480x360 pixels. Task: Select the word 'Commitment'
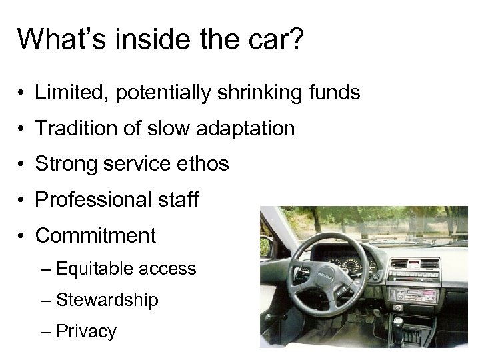coord(95,235)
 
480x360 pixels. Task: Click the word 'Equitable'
coord(98,269)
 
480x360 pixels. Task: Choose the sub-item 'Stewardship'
coord(107,301)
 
